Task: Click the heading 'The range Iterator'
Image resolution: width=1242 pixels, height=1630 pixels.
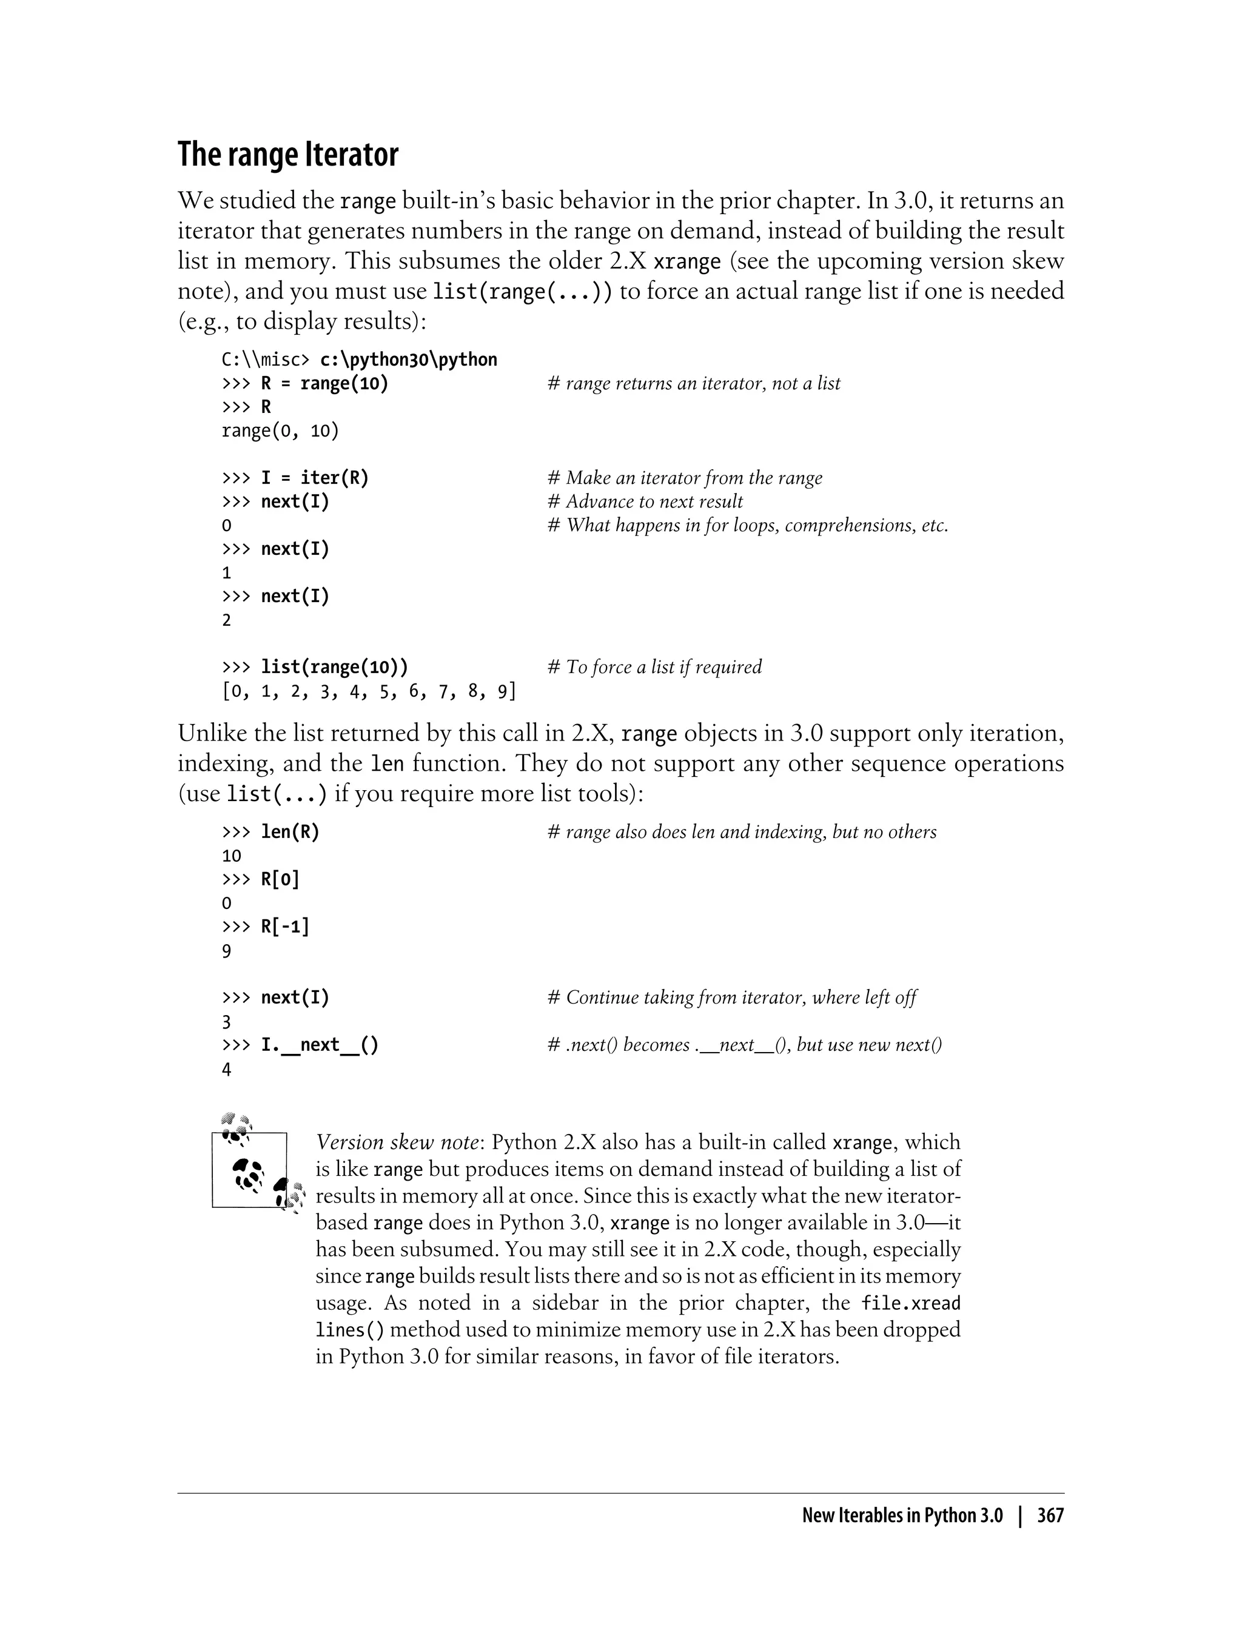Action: tap(287, 155)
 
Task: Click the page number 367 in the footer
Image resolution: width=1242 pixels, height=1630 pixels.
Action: tap(1050, 1515)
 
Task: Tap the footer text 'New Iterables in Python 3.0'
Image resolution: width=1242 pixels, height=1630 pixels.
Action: tap(902, 1515)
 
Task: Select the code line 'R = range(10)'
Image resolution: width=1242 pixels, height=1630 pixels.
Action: tap(324, 384)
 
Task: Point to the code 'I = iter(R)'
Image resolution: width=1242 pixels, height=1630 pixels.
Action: tap(314, 478)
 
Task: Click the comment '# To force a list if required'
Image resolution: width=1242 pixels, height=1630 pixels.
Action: tap(654, 668)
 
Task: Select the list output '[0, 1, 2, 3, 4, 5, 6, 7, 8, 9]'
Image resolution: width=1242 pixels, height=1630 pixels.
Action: tap(369, 692)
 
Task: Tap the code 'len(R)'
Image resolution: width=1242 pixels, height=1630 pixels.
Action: tap(290, 833)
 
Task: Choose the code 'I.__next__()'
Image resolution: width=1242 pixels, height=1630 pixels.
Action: tap(320, 1045)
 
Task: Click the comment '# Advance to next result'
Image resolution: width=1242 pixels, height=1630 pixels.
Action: tap(645, 502)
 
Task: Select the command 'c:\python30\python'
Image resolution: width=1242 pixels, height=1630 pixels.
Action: tap(408, 360)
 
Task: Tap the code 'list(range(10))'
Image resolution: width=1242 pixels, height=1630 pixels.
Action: tap(334, 668)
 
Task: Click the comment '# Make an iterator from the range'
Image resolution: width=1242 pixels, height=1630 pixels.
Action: tap(685, 478)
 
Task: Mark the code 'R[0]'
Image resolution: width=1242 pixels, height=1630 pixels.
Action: tap(280, 880)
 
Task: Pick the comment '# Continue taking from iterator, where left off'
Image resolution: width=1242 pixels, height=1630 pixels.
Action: tap(731, 998)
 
